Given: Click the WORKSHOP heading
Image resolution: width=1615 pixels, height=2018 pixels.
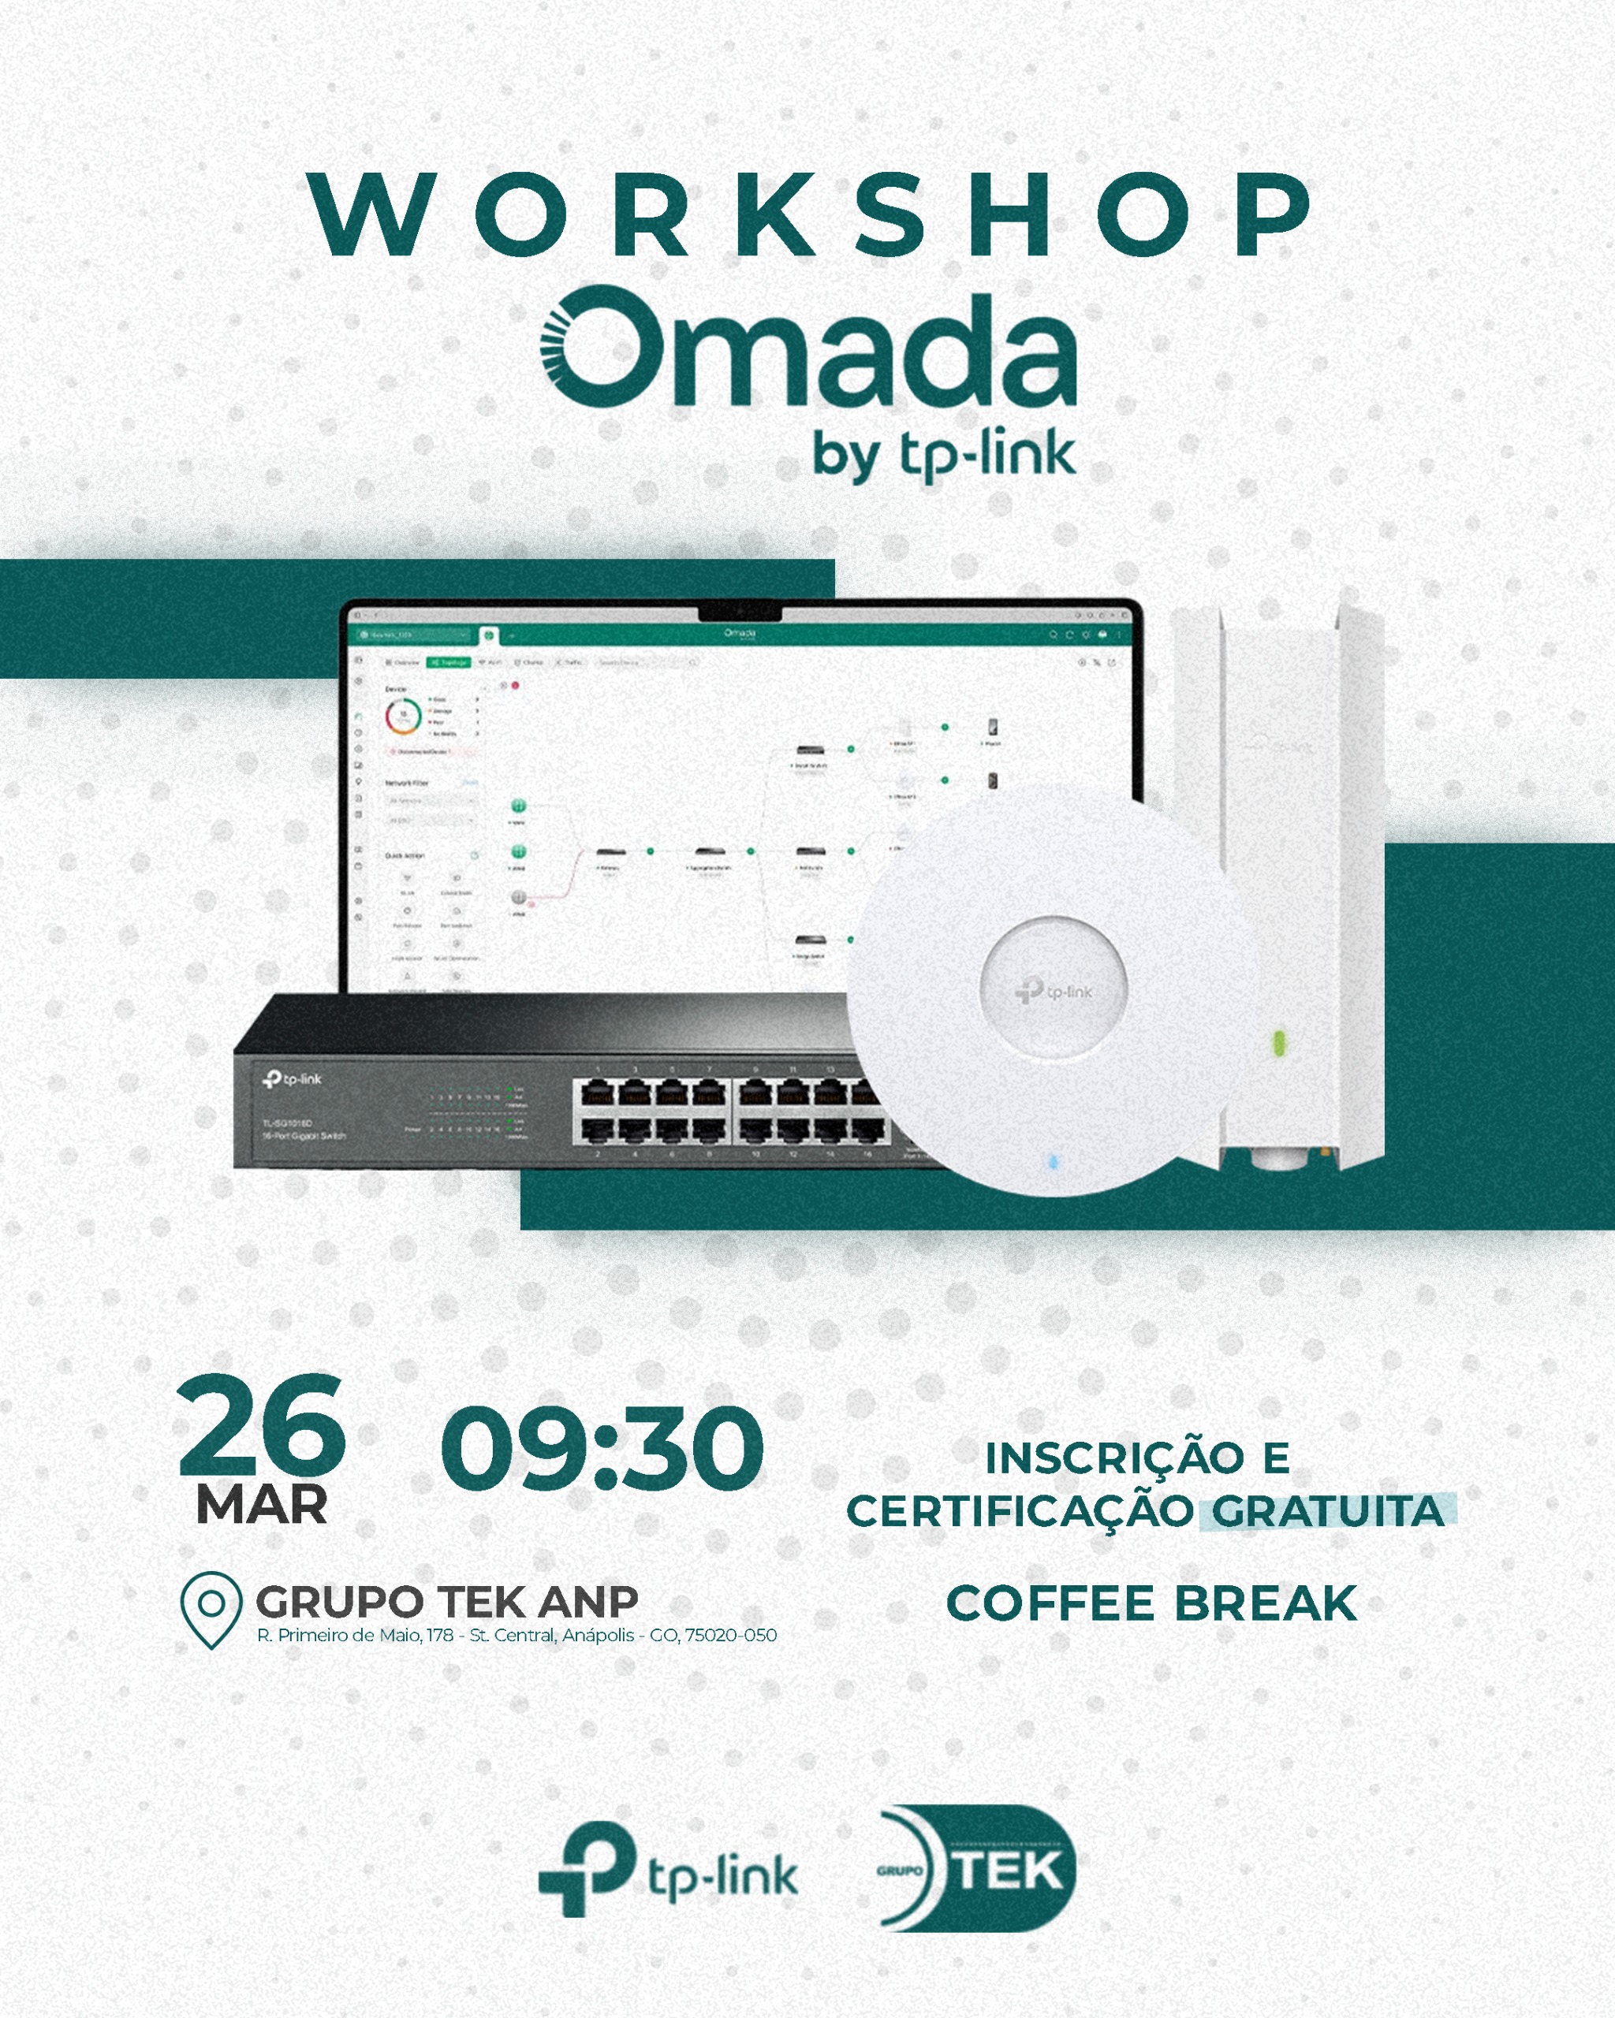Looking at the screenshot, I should tap(811, 214).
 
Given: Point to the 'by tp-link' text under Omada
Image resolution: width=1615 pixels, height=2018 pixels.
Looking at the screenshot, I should tap(944, 456).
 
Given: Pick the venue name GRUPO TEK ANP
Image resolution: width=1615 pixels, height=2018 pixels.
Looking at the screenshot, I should tap(446, 1602).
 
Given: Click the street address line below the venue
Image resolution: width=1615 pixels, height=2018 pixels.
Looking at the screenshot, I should tap(517, 1635).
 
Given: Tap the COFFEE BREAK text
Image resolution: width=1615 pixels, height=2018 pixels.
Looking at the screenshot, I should tap(1151, 1603).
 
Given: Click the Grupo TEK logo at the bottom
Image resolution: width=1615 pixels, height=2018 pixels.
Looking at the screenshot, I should tap(977, 1869).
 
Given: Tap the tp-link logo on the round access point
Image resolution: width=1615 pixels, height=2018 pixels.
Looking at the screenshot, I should tap(1054, 990).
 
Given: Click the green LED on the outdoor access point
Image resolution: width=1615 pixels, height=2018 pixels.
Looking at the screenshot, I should tap(1279, 1042).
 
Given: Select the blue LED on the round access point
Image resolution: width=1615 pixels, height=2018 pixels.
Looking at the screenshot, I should tap(1054, 1162).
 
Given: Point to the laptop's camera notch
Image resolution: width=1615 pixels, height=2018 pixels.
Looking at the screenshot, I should tap(740, 613).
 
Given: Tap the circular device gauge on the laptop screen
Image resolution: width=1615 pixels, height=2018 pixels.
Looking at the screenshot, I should tap(404, 716).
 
